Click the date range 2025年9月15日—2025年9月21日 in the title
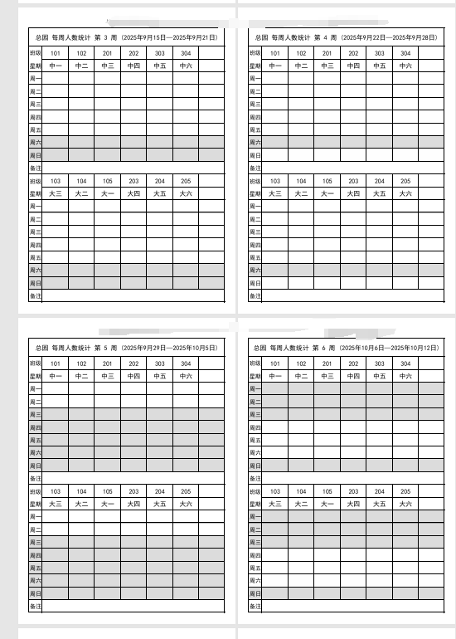click(x=169, y=37)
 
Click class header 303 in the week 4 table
click(x=379, y=53)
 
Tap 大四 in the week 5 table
click(x=133, y=504)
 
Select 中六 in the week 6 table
click(x=405, y=376)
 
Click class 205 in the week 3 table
click(x=186, y=181)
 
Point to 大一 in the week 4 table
click(x=327, y=193)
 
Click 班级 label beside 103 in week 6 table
click(x=255, y=491)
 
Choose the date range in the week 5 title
click(x=169, y=347)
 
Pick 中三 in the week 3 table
click(x=108, y=66)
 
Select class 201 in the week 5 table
click(x=108, y=363)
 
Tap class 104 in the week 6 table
click(x=301, y=491)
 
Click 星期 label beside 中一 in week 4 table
click(x=255, y=66)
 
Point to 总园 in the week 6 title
click(x=261, y=347)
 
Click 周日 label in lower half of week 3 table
click(x=35, y=283)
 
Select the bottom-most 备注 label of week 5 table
click(x=35, y=607)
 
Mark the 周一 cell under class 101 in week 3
click(x=56, y=78)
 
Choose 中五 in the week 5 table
click(x=159, y=376)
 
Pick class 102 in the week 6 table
click(x=301, y=363)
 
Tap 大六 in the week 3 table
click(x=186, y=193)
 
